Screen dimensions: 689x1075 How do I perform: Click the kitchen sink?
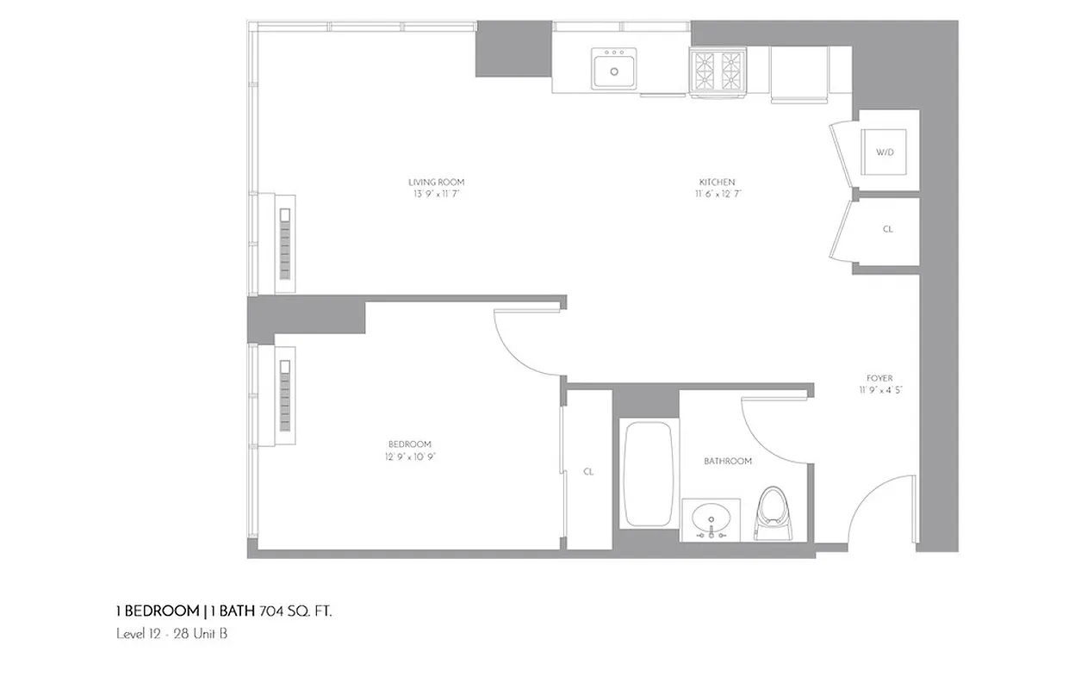[x=614, y=68]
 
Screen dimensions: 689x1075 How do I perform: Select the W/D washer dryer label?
[x=885, y=152]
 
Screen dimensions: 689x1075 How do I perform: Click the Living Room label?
[x=437, y=182]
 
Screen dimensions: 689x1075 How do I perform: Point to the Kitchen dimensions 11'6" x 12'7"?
[x=718, y=194]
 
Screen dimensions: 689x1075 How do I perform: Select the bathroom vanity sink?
[x=712, y=519]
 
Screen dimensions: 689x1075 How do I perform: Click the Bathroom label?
[x=728, y=462]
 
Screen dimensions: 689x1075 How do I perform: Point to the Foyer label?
[x=879, y=378]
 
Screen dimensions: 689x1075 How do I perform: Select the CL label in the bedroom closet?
[x=588, y=472]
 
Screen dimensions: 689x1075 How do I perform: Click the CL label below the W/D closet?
[x=888, y=230]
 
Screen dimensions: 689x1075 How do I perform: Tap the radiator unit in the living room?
[x=284, y=243]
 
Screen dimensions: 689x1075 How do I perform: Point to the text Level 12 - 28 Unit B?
[x=171, y=634]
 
